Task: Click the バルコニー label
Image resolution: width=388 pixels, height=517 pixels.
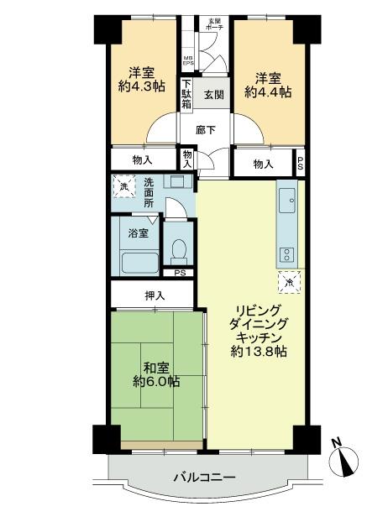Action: [204, 478]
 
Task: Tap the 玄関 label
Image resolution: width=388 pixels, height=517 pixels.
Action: [212, 96]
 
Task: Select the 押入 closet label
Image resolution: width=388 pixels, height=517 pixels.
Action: [155, 295]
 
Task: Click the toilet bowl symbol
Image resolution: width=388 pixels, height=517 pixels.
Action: [177, 249]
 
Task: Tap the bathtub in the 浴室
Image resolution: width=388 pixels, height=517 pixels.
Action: [139, 261]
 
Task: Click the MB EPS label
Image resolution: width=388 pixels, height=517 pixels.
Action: [188, 60]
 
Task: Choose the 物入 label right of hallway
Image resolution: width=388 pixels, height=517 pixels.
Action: [264, 164]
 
